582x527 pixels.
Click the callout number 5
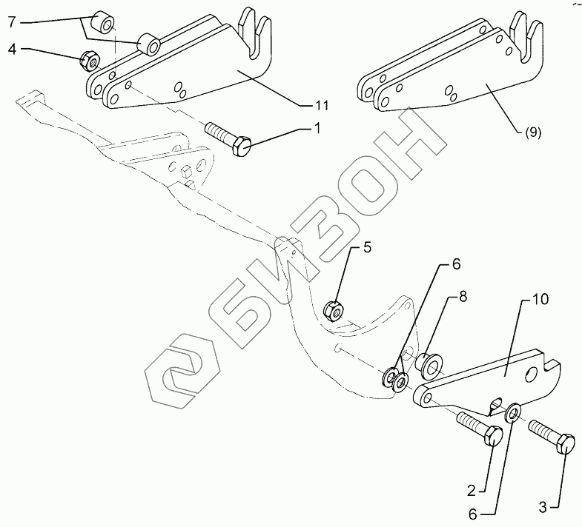[367, 249]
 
